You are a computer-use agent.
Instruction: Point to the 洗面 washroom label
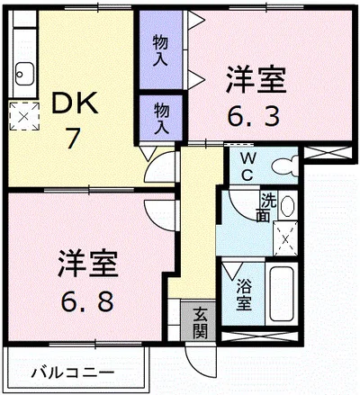pos(268,209)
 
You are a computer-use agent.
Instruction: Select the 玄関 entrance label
pos(199,323)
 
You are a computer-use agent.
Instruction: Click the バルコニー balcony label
pos(72,370)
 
